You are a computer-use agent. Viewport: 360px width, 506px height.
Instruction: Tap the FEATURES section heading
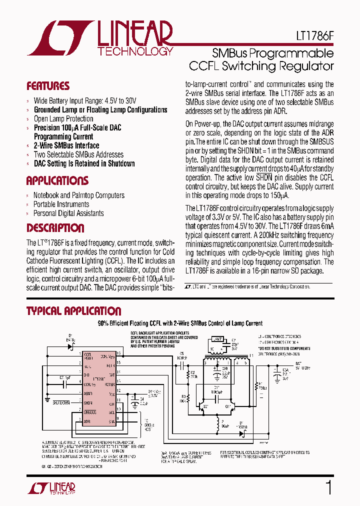click(x=48, y=86)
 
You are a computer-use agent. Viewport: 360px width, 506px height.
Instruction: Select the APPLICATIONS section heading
click(x=57, y=180)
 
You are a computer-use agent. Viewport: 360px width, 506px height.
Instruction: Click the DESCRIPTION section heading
click(x=55, y=228)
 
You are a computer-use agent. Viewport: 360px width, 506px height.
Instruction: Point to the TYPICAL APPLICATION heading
click(x=73, y=311)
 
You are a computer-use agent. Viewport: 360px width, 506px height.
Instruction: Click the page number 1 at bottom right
click(x=328, y=487)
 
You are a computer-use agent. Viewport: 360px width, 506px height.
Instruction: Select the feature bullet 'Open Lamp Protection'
click(x=63, y=118)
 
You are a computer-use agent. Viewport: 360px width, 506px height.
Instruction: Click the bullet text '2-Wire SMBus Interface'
click(x=66, y=145)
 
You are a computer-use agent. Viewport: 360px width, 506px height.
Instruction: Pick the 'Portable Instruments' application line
click(x=61, y=204)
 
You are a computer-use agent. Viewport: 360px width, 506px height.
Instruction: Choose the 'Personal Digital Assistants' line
click(x=68, y=213)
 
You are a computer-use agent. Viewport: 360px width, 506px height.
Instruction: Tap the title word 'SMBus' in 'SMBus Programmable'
click(x=229, y=53)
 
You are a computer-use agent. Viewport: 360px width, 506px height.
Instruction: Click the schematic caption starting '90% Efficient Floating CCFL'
click(x=179, y=323)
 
